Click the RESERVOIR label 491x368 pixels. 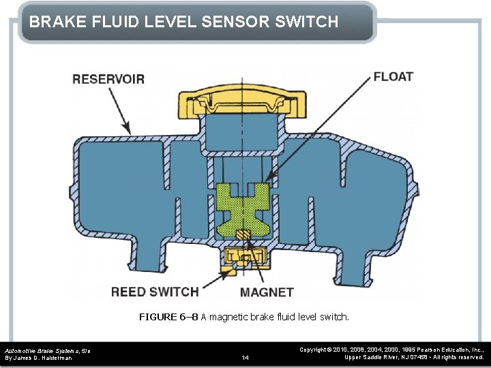[108, 79]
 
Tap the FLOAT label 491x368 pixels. [393, 76]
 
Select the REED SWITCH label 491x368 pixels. [155, 292]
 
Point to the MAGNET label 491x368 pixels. [267, 292]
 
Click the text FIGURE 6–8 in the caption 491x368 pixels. [168, 317]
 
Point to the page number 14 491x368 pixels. [245, 357]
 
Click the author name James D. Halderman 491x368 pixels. [42, 357]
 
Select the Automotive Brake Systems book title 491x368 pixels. [44, 350]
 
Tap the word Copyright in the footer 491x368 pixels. [314, 349]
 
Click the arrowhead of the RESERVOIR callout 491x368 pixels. [128, 129]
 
